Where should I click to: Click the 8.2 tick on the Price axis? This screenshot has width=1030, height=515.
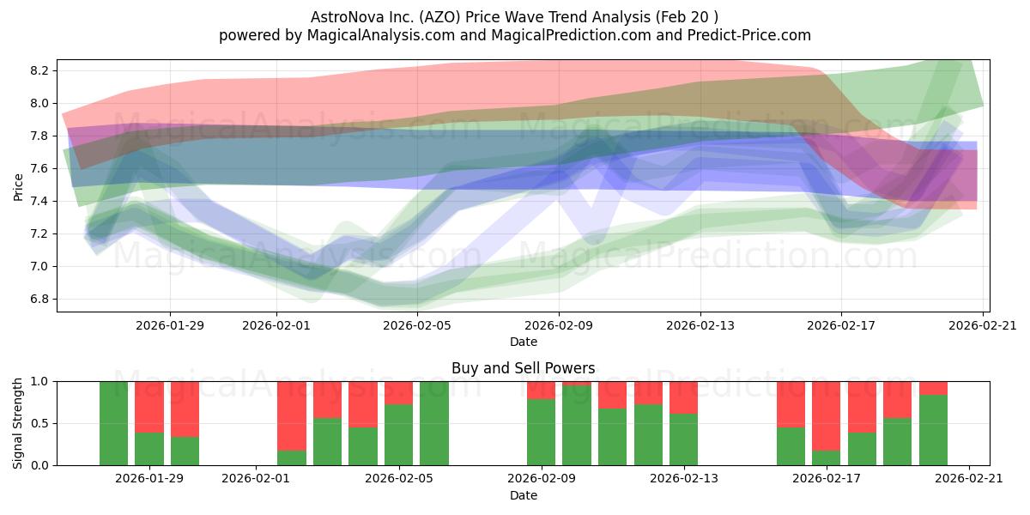[x=40, y=70]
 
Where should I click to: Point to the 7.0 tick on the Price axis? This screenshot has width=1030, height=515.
[x=40, y=267]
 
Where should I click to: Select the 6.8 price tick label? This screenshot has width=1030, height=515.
[x=40, y=300]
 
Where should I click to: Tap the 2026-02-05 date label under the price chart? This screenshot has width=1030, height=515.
[x=417, y=325]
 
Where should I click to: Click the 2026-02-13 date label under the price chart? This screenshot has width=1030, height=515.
[x=700, y=325]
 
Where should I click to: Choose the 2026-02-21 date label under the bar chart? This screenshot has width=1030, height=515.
[x=969, y=479]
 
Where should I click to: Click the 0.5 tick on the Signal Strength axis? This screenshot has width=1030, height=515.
[x=40, y=423]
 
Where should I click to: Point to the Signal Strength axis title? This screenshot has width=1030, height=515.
[x=17, y=423]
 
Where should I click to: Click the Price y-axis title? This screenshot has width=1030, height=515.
[x=18, y=187]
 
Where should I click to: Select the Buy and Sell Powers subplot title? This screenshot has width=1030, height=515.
[x=524, y=368]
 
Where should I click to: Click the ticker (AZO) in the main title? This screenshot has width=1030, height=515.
[x=439, y=17]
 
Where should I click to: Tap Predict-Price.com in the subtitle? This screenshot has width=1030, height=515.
[x=749, y=35]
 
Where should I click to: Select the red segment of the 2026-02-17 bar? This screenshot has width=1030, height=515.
[x=826, y=416]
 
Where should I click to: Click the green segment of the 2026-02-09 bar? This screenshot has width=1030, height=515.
[x=542, y=433]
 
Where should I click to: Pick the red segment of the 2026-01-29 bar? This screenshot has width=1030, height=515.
[x=149, y=407]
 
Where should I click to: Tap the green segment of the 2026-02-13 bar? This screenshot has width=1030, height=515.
[x=683, y=439]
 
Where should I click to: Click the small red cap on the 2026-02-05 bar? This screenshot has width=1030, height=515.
[x=398, y=393]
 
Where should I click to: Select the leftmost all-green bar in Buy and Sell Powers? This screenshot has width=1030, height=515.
[x=113, y=423]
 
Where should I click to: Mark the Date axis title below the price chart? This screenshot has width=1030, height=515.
[x=524, y=342]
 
